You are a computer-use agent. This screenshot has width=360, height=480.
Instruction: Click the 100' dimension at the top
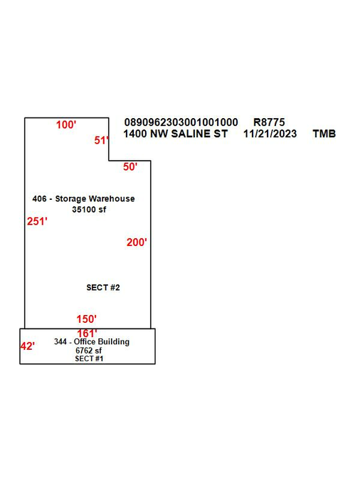point(66,125)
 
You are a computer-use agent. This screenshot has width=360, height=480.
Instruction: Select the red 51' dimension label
point(102,140)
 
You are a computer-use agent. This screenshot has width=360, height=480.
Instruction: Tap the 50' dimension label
point(130,167)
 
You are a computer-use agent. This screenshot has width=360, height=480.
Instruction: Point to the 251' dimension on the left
point(37,221)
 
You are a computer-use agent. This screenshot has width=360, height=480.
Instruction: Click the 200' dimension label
point(137,242)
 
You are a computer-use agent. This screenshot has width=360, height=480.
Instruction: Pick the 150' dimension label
point(86,319)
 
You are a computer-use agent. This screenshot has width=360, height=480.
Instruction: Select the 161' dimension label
point(87,334)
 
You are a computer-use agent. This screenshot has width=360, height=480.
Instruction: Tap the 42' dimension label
point(28,346)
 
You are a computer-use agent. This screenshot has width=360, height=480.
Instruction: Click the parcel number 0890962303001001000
point(181,122)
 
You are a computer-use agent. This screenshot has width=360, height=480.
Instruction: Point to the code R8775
point(269,122)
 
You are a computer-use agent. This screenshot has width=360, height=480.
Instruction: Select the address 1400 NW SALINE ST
point(175,134)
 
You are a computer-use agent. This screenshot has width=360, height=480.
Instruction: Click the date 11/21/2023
point(270,134)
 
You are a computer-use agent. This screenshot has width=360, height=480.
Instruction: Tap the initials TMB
point(324,134)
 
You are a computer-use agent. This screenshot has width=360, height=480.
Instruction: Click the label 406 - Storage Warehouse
point(84,198)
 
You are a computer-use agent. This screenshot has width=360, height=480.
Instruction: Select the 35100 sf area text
point(89,209)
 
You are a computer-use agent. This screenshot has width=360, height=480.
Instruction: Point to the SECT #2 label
point(103,287)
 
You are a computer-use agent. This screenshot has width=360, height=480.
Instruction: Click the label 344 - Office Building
point(92,341)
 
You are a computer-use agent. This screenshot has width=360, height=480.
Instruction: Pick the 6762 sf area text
point(88,351)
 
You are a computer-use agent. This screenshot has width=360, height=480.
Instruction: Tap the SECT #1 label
point(89,358)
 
